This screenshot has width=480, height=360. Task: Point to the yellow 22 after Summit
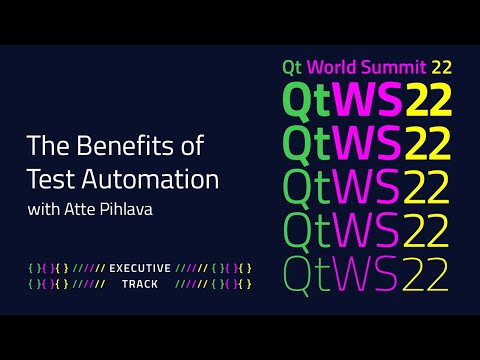441,68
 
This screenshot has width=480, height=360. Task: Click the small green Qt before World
294,68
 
